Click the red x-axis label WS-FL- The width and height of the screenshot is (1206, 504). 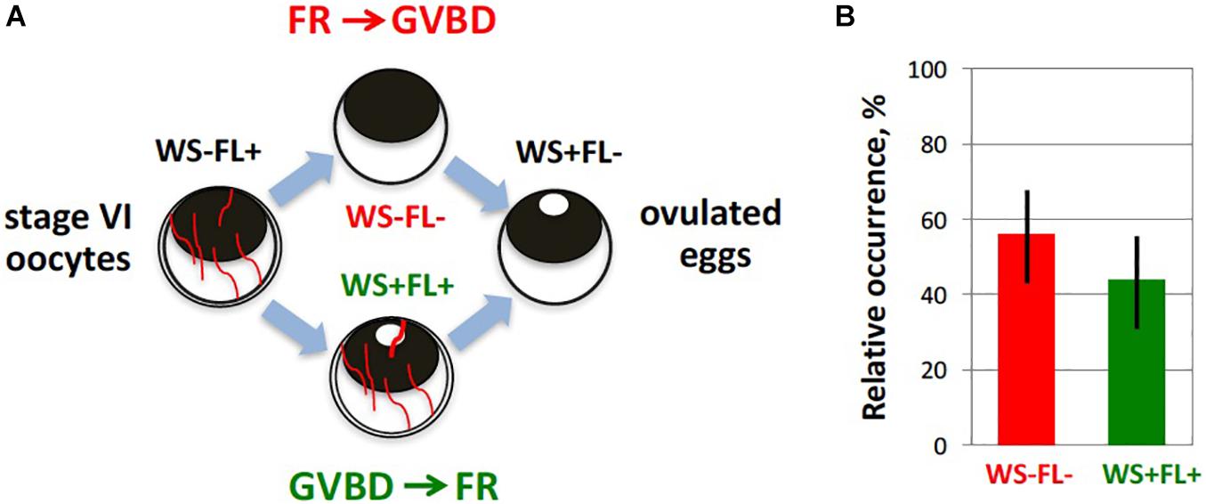tap(1026, 476)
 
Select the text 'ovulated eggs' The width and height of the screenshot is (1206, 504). tap(708, 235)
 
